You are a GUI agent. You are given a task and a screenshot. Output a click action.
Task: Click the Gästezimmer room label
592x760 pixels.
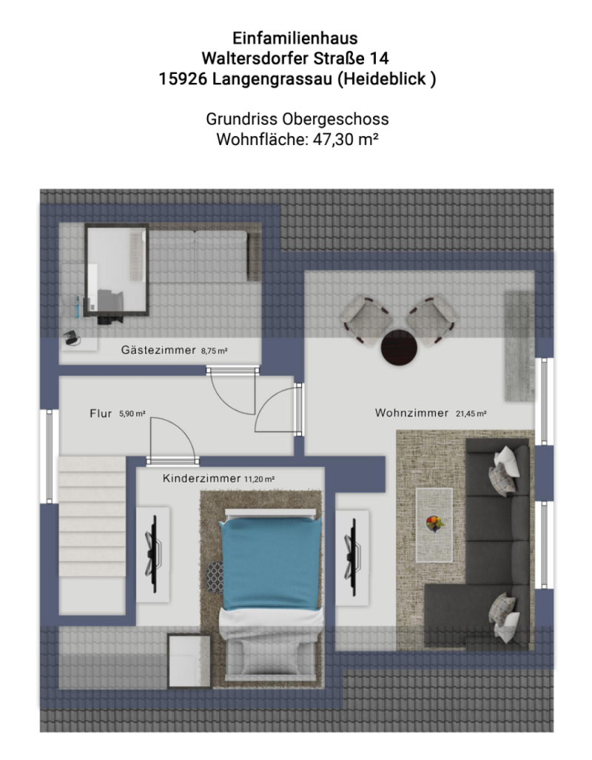158,350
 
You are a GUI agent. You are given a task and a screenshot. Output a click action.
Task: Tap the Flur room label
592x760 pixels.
101,414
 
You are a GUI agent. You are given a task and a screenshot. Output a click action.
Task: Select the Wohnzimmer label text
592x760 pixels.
411,413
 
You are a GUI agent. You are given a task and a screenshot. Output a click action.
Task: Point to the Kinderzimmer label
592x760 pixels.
201,479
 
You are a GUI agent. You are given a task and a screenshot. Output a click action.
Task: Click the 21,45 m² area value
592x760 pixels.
471,414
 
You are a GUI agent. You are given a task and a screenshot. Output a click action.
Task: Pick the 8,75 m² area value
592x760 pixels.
215,351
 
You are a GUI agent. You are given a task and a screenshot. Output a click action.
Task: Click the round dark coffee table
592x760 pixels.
399,347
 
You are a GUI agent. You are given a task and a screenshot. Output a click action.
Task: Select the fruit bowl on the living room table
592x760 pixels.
434,523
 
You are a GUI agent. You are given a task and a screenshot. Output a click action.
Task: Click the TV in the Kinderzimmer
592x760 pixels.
152,554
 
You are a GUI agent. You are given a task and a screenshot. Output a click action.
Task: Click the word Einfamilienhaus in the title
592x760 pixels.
295,38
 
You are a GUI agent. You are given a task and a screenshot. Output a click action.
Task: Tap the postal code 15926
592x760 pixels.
183,78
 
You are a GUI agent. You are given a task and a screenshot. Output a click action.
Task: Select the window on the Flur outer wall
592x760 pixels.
49,457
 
